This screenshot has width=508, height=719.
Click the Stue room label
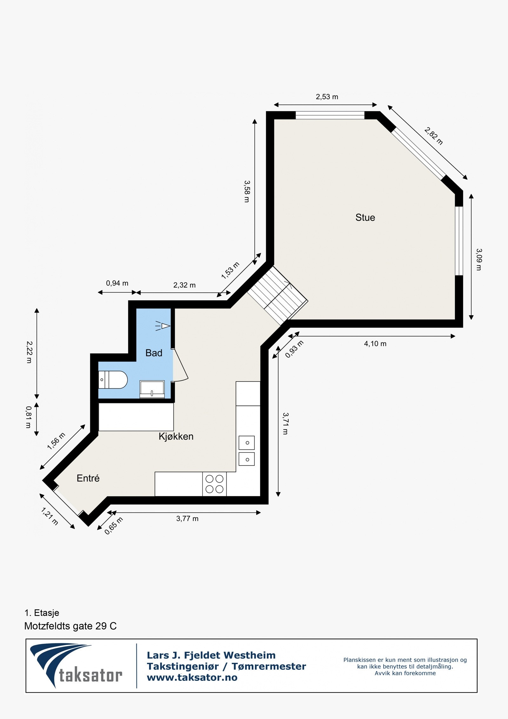pos(365,218)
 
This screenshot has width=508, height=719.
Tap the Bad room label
pos(154,353)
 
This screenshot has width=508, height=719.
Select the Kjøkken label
pos(176,437)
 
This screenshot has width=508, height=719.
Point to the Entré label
pos(88,478)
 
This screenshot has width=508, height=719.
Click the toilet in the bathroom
pos(114,380)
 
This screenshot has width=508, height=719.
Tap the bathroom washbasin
pos(152,389)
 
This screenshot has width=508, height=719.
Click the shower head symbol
pos(164,326)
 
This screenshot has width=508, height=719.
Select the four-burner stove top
pos(214,484)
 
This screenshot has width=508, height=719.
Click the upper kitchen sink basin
pos(247,443)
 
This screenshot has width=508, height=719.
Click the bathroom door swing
pos(180,365)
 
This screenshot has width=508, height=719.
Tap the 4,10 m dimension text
pos(375,344)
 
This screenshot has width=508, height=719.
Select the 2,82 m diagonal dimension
pos(433,136)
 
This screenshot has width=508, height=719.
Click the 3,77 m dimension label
pos(187,519)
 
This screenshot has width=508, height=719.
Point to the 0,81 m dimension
pos(29,417)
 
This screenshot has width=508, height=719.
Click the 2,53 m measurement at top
pos(327,97)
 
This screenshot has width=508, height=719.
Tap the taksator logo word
pos(90,675)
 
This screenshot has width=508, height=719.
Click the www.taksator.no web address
pos(192,678)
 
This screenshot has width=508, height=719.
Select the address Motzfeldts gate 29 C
pos(70,626)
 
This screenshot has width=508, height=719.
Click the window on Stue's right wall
pos(458,241)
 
